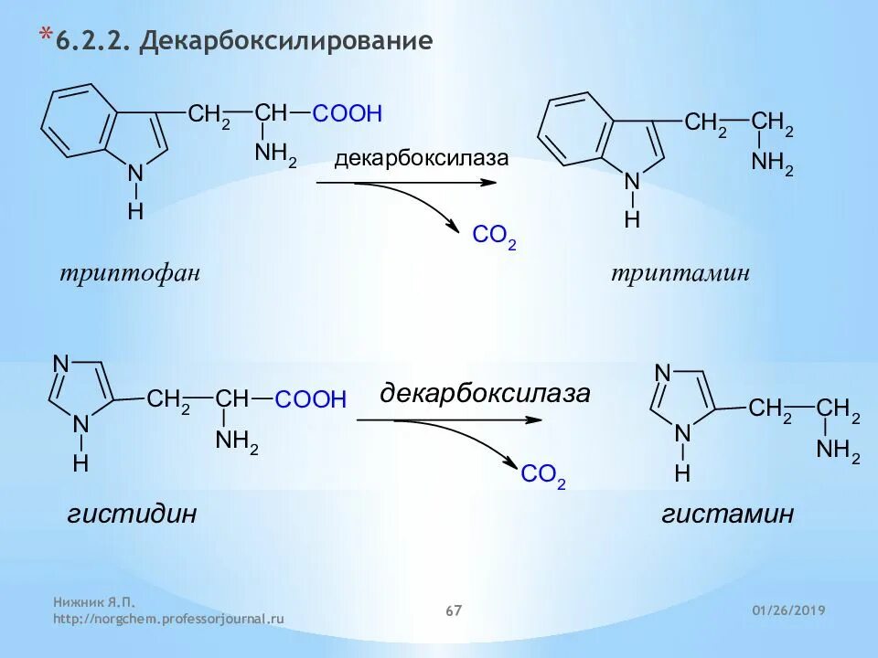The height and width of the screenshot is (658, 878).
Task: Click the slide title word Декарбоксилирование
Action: click(x=285, y=42)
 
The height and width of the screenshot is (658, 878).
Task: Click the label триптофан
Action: click(x=129, y=273)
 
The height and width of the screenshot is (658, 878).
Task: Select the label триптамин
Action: click(x=680, y=273)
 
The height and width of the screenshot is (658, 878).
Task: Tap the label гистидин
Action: click(x=132, y=514)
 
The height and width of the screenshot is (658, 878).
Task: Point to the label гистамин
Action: click(x=727, y=514)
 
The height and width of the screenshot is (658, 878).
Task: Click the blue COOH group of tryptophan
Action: click(x=347, y=114)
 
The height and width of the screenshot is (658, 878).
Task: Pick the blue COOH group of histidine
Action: click(x=311, y=399)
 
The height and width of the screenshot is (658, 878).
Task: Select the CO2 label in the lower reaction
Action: click(x=543, y=475)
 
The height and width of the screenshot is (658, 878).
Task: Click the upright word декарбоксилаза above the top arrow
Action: click(x=421, y=159)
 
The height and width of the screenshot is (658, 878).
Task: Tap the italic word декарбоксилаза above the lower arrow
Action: click(x=485, y=395)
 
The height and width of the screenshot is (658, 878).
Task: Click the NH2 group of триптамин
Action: click(x=772, y=164)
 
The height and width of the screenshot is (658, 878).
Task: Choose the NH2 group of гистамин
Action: click(x=838, y=451)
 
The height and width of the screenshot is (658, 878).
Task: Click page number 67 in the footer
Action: click(x=454, y=610)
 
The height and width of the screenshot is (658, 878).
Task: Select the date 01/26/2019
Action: click(x=788, y=610)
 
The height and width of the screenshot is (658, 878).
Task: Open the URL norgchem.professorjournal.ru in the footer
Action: click(x=168, y=619)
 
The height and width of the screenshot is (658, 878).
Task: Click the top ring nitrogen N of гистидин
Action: click(x=61, y=365)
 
